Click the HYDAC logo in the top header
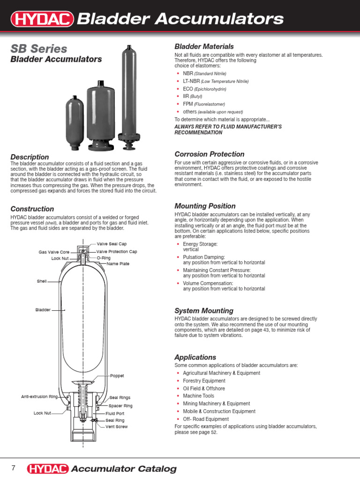[42, 19]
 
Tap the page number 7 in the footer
[14, 468]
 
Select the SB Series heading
[38, 49]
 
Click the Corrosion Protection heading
[209, 154]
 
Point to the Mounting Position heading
[205, 206]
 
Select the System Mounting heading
[203, 311]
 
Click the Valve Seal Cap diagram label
[112, 244]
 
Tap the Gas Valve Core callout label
[54, 252]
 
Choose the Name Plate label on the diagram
[118, 264]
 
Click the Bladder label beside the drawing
[43, 310]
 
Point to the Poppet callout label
[117, 376]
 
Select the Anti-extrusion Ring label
[39, 397]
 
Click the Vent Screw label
[116, 427]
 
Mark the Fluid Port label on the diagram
[115, 413]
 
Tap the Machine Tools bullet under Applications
[198, 396]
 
